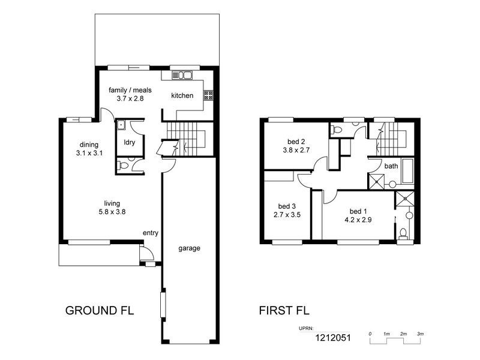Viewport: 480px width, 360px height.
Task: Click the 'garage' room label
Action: (x=188, y=248)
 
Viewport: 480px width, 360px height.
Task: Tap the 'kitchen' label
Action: (x=182, y=95)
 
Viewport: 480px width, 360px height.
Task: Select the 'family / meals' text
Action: (x=130, y=90)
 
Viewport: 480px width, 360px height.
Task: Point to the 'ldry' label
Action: (x=129, y=142)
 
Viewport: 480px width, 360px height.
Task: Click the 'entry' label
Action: (x=150, y=233)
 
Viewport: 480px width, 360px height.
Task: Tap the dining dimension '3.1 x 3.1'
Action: (x=90, y=153)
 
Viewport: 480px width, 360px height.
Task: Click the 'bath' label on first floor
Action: (x=391, y=166)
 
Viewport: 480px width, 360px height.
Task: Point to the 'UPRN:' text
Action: (x=305, y=329)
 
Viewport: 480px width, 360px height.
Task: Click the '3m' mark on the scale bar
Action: (x=420, y=333)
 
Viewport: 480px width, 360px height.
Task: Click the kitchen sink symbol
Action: (x=181, y=76)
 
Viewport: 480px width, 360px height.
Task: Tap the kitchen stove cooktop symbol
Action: (x=209, y=95)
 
